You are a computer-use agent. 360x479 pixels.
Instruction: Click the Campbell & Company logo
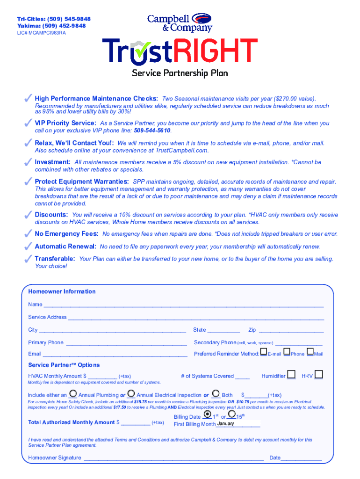point(180,22)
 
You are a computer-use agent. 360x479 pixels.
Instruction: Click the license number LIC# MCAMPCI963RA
point(42,33)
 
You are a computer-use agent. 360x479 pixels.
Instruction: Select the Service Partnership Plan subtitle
point(180,73)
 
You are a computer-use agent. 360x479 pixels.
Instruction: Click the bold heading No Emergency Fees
point(66,233)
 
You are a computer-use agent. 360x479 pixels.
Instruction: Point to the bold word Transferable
point(55,259)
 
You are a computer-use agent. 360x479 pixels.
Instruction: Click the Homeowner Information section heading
point(62,291)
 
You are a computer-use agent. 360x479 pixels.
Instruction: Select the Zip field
point(290,330)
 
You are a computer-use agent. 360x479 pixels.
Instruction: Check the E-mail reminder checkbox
point(264,352)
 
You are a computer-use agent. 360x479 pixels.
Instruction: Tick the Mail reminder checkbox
point(310,352)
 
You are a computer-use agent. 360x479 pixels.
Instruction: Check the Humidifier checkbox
point(291,374)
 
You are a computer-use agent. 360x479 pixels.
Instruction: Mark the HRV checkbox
point(319,374)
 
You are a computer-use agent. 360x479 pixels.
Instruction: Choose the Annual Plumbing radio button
point(73,394)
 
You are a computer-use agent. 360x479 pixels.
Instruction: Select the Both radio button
point(216,394)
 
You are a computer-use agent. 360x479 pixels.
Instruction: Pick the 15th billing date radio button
point(231,414)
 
